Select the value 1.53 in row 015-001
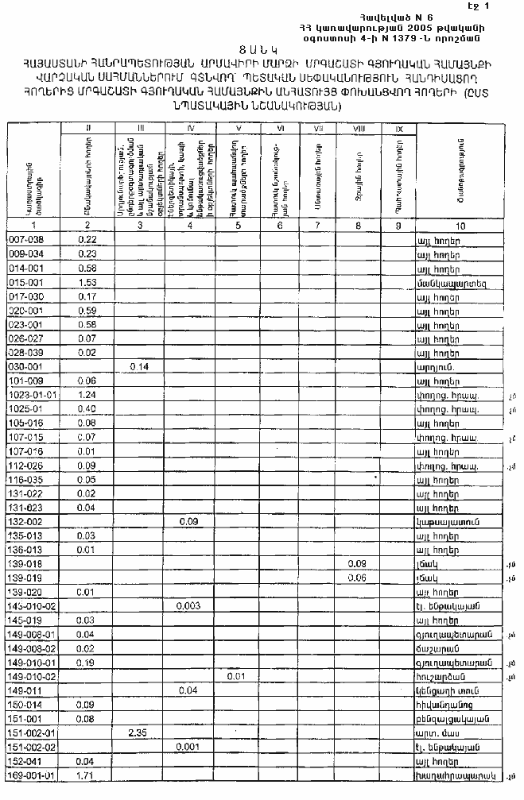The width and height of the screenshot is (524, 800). pyautogui.click(x=87, y=282)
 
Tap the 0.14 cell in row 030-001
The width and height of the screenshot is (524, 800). pyautogui.click(x=139, y=367)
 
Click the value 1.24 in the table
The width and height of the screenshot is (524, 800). pyautogui.click(x=87, y=395)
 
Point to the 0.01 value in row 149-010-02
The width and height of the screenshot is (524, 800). pyautogui.click(x=235, y=678)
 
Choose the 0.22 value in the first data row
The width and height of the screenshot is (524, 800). pyautogui.click(x=87, y=239)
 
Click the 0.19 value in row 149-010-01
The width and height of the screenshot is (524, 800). pyautogui.click(x=87, y=663)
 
